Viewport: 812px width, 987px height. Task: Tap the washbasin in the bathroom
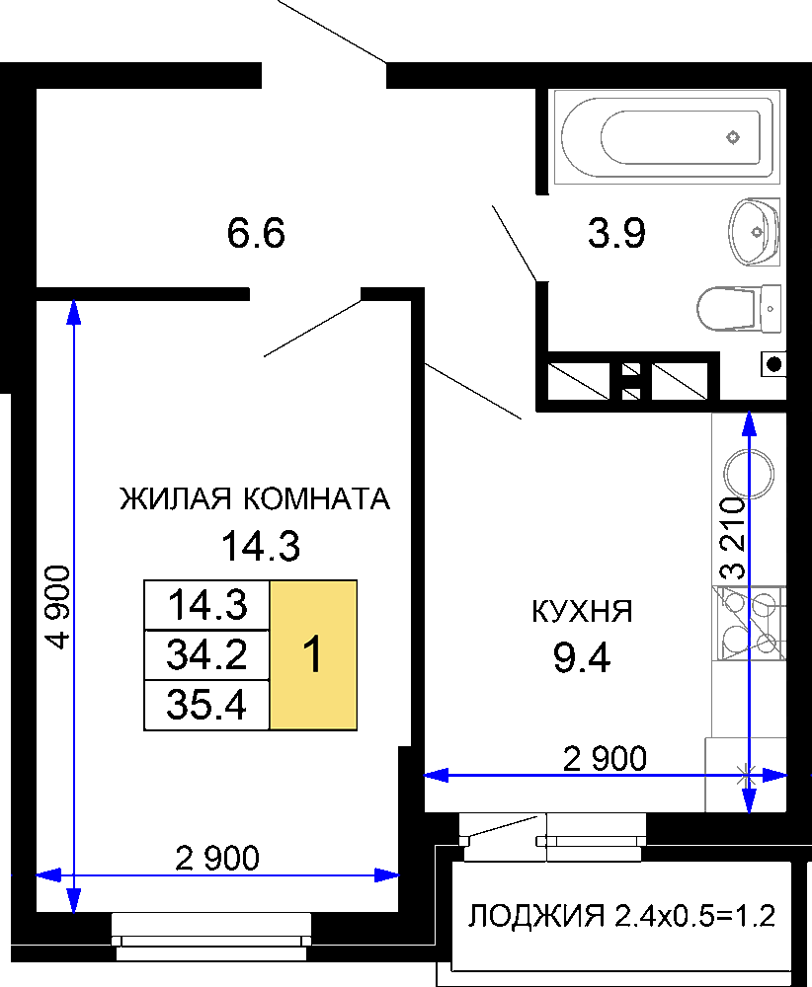tap(754, 232)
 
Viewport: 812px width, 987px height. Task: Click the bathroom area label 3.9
tap(616, 233)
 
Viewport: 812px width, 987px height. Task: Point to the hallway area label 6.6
tap(256, 233)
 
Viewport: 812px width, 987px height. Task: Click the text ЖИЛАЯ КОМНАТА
tap(255, 498)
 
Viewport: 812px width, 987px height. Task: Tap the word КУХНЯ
tap(582, 611)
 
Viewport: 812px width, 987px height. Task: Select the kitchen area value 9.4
tap(582, 658)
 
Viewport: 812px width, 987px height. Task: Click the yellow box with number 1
tap(313, 654)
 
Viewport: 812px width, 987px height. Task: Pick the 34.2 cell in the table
tap(206, 654)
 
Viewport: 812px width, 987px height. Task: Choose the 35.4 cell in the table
tap(206, 705)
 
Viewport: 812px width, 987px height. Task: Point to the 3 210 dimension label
tap(733, 538)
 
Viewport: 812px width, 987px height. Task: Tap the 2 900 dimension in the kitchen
tap(605, 758)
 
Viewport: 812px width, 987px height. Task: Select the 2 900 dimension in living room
tap(217, 858)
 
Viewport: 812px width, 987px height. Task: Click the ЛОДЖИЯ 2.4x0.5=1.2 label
tap(621, 916)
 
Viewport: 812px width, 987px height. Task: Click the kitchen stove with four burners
tap(750, 623)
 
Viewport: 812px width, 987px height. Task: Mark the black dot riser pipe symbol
tap(774, 364)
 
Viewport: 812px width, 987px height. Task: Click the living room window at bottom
tap(211, 937)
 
